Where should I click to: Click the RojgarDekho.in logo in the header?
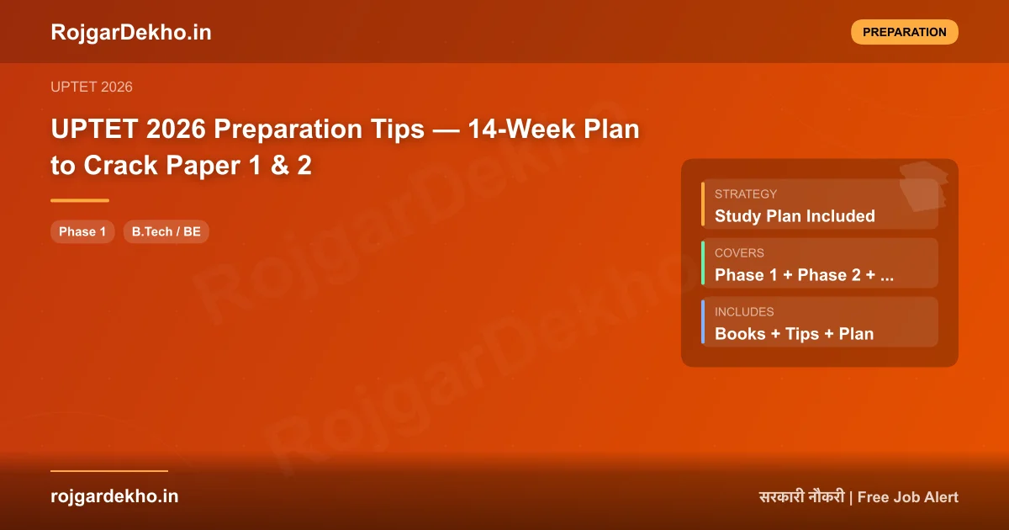click(130, 32)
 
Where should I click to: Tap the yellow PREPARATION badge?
click(904, 32)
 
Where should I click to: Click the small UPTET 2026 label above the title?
click(91, 87)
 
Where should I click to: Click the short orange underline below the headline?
click(80, 200)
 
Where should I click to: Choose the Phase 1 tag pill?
click(82, 231)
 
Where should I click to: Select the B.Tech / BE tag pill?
click(166, 231)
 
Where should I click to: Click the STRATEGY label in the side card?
click(746, 193)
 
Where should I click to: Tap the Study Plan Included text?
click(795, 216)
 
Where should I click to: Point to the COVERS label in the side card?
click(739, 252)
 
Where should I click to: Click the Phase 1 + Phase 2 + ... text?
click(804, 275)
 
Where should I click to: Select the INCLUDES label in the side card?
click(744, 311)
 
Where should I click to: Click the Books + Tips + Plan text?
click(794, 334)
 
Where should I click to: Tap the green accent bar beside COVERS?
click(703, 262)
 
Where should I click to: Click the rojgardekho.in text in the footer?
click(114, 496)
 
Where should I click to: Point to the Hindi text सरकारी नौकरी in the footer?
click(800, 497)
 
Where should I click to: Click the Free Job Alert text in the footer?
click(907, 497)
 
